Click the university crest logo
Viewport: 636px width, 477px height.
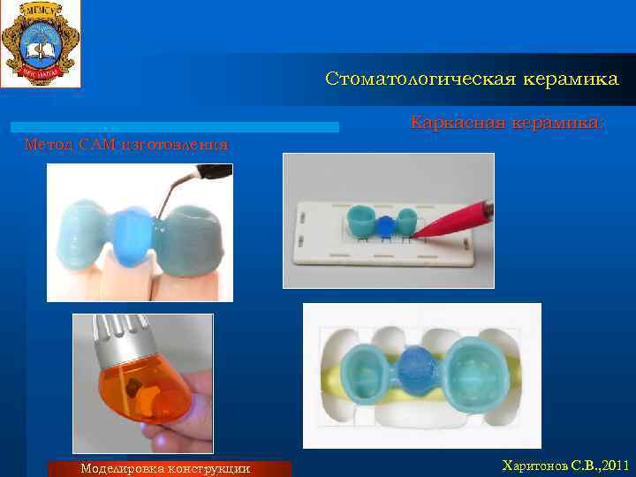point(40,43)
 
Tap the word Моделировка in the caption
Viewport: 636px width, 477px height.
point(121,468)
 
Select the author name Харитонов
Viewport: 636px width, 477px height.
point(536,464)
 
